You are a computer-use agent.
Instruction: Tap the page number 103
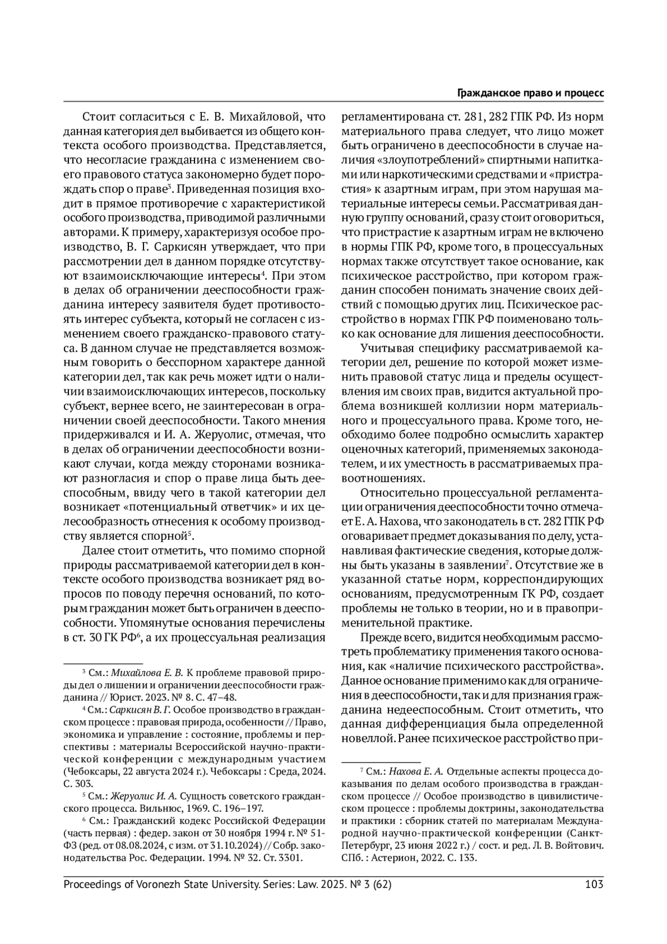[x=594, y=884]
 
